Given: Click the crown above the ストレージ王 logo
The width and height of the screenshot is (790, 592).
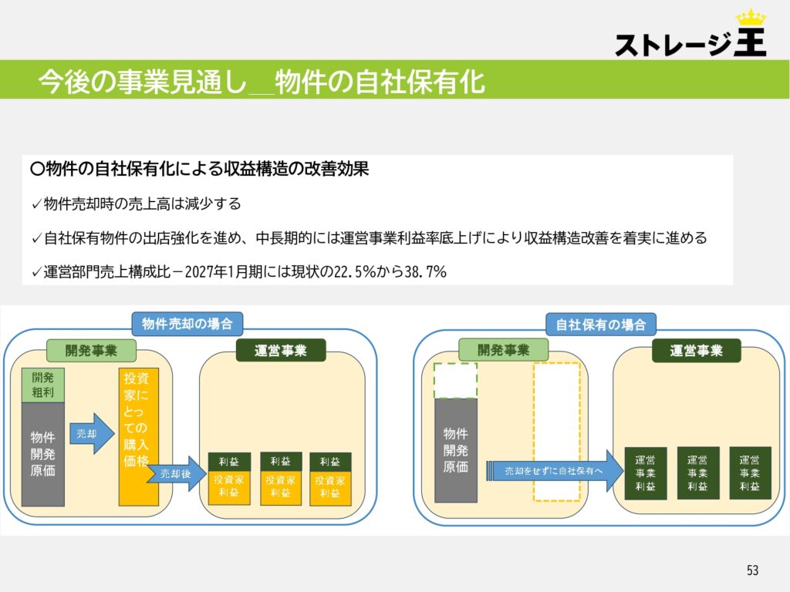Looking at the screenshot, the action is tap(751, 18).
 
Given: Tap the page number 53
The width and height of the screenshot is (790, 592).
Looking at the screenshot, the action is tap(752, 570).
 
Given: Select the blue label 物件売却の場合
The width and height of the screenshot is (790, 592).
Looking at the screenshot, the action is tap(187, 324).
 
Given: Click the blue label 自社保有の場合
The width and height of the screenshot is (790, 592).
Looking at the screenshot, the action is tap(600, 325).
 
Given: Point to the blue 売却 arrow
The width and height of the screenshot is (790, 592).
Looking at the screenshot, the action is tap(92, 433).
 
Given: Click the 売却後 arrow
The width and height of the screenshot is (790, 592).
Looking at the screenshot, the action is tap(177, 474).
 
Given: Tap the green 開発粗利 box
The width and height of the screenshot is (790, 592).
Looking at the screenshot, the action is tap(43, 385).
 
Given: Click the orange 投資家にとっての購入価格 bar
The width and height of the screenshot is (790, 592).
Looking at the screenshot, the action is tap(139, 437).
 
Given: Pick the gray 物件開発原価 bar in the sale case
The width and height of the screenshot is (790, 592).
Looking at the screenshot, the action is tap(43, 454).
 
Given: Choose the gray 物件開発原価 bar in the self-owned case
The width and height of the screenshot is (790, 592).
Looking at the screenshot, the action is tap(455, 450).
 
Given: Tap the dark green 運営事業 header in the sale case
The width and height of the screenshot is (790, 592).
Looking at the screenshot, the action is tap(281, 351).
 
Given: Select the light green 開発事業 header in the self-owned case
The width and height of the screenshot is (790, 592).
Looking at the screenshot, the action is tap(503, 350).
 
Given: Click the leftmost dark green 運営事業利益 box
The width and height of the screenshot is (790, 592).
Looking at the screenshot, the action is tap(646, 473).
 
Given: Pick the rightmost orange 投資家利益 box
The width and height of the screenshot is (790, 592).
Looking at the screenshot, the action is tap(330, 488).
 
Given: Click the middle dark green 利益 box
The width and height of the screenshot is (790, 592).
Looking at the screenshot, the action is tap(281, 461).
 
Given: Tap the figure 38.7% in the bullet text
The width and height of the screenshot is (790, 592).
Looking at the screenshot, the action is tap(426, 272).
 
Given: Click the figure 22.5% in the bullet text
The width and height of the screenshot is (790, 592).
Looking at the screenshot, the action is tap(355, 272).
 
